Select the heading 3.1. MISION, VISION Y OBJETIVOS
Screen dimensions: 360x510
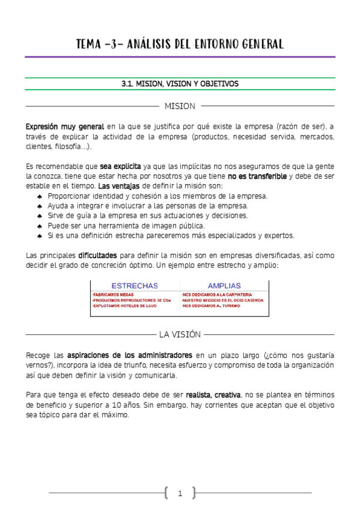point(180,84)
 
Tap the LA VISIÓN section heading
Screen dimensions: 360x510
point(180,334)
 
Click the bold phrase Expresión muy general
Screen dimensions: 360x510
point(65,127)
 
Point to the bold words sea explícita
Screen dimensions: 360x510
point(121,166)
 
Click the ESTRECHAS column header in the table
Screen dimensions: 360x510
point(135,286)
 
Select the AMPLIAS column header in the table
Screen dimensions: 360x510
point(224,286)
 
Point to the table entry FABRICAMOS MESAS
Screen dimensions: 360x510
point(113,295)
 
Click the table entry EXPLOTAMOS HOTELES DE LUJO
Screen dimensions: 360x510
point(124,306)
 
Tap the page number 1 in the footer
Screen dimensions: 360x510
point(180,494)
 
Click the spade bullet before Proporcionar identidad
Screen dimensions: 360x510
point(39,196)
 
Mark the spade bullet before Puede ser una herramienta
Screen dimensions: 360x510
point(39,226)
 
